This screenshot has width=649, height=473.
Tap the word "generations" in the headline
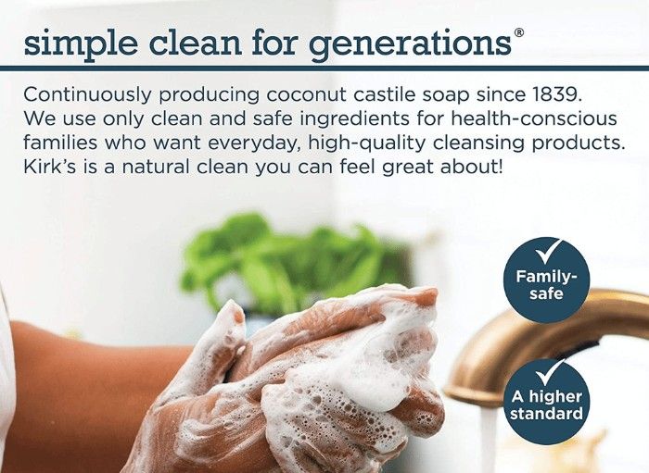pyautogui.click(x=410, y=45)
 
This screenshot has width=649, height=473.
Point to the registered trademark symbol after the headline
pyautogui.click(x=519, y=32)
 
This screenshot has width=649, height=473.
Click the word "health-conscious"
pyautogui.click(x=533, y=118)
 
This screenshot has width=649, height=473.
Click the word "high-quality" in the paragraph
pyautogui.click(x=367, y=143)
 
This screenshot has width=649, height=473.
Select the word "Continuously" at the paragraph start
pyautogui.click(x=87, y=95)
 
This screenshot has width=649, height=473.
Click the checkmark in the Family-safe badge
pyautogui.click(x=548, y=252)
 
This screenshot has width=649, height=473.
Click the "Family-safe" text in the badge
pyautogui.click(x=546, y=284)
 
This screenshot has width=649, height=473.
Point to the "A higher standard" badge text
pyautogui.click(x=546, y=405)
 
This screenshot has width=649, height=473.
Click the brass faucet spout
pyautogui.click(x=538, y=342)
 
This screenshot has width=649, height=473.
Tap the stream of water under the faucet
pyautogui.click(x=488, y=438)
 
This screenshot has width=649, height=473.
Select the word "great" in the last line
pyautogui.click(x=407, y=168)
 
